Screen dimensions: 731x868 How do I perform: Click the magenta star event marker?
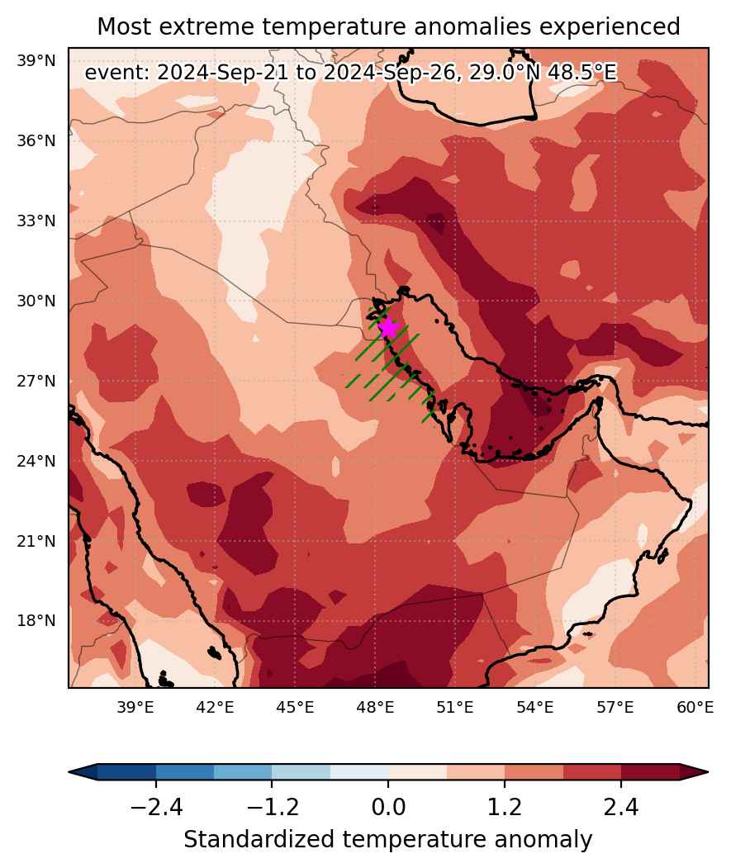pyautogui.click(x=389, y=328)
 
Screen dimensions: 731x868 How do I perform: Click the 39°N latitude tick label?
pyautogui.click(x=36, y=61)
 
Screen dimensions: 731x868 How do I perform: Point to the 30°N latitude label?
pyautogui.click(x=36, y=301)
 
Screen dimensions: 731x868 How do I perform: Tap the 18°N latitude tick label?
pyautogui.click(x=36, y=620)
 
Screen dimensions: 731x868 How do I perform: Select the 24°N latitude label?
pyautogui.click(x=36, y=461)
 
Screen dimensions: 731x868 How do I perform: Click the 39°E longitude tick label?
pyautogui.click(x=135, y=707)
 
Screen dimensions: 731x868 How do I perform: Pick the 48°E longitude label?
pyautogui.click(x=375, y=707)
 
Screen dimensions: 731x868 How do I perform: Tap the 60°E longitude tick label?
pyautogui.click(x=695, y=707)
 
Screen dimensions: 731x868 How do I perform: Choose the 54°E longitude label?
pyautogui.click(x=535, y=707)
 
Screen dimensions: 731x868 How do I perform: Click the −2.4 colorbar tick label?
pyautogui.click(x=156, y=808)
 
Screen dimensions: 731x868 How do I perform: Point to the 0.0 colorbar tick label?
pyautogui.click(x=388, y=808)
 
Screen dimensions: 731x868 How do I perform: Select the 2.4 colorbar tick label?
pyautogui.click(x=621, y=808)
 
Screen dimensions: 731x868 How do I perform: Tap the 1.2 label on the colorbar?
pyautogui.click(x=505, y=808)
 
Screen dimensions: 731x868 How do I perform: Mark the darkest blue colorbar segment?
pyautogui.click(x=127, y=771)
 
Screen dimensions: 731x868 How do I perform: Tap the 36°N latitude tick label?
pyautogui.click(x=36, y=141)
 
